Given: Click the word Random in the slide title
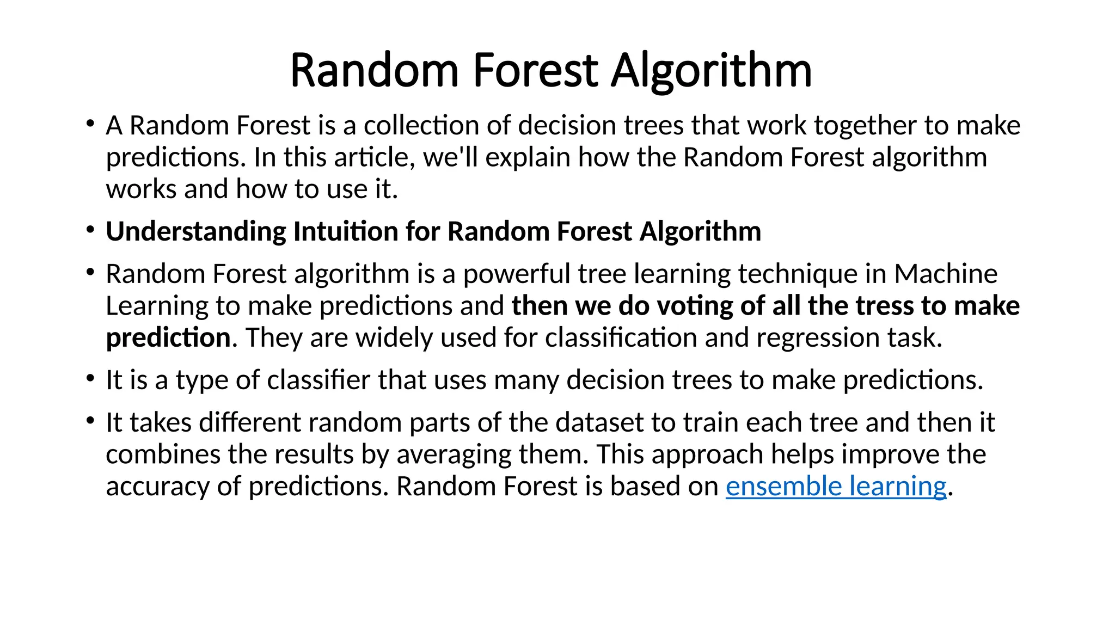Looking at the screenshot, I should pyautogui.click(x=375, y=71).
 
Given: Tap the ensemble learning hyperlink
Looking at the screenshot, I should pyautogui.click(x=836, y=486).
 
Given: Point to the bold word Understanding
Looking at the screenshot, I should pyautogui.click(x=196, y=232).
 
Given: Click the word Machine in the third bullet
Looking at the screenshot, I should pyautogui.click(x=946, y=274).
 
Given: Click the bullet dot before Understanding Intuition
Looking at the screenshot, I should pyautogui.click(x=90, y=230).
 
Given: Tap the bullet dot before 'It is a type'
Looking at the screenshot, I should pyautogui.click(x=90, y=378).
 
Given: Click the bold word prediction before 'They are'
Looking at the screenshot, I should pyautogui.click(x=168, y=338).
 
